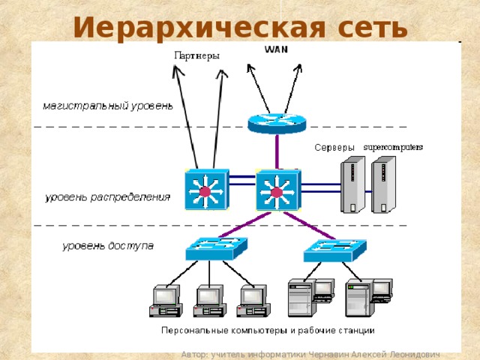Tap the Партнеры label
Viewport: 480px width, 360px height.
click(196, 55)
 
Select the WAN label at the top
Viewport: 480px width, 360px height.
click(275, 49)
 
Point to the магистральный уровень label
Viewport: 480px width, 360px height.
click(107, 106)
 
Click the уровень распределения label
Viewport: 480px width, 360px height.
click(107, 198)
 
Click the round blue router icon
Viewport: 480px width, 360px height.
click(276, 121)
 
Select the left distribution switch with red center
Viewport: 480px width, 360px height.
click(205, 190)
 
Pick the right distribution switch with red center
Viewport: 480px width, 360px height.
click(277, 190)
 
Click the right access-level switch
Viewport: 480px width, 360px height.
click(334, 249)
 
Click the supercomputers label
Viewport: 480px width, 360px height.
click(393, 146)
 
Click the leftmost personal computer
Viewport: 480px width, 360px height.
click(165, 301)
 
